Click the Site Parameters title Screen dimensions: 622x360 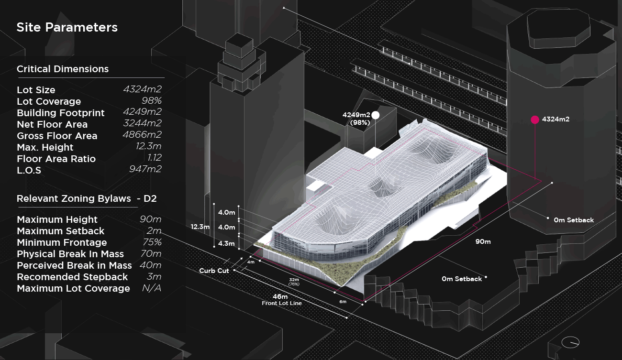[67, 27]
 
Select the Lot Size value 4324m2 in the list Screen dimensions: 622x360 [142, 89]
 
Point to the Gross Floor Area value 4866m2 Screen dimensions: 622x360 [142, 135]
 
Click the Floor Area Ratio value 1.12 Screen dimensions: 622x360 [155, 158]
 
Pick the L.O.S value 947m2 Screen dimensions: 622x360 [145, 169]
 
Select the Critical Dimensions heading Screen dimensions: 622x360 [63, 69]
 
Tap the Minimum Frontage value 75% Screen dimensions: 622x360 [151, 242]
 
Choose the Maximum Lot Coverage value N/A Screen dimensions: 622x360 [152, 288]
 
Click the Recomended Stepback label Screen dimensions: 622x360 [72, 277]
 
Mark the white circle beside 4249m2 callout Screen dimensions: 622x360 [376, 115]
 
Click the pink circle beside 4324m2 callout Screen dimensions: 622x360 [534, 120]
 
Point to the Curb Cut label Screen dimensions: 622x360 [214, 271]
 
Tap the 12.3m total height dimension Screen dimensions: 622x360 [200, 227]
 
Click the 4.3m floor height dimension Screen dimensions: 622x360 [226, 243]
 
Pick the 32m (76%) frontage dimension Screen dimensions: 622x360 [294, 281]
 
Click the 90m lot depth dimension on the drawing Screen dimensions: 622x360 [483, 241]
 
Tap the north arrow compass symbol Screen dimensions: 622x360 [570, 342]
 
